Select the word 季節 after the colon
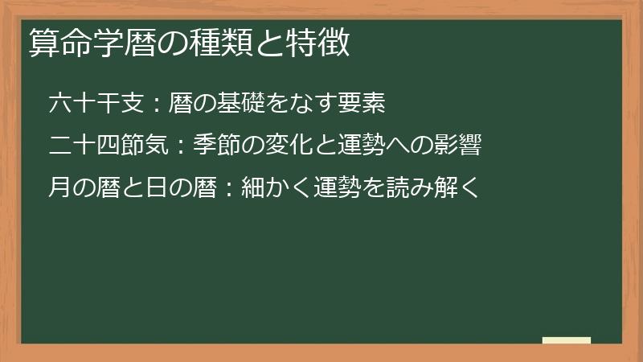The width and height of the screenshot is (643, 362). point(216,146)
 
